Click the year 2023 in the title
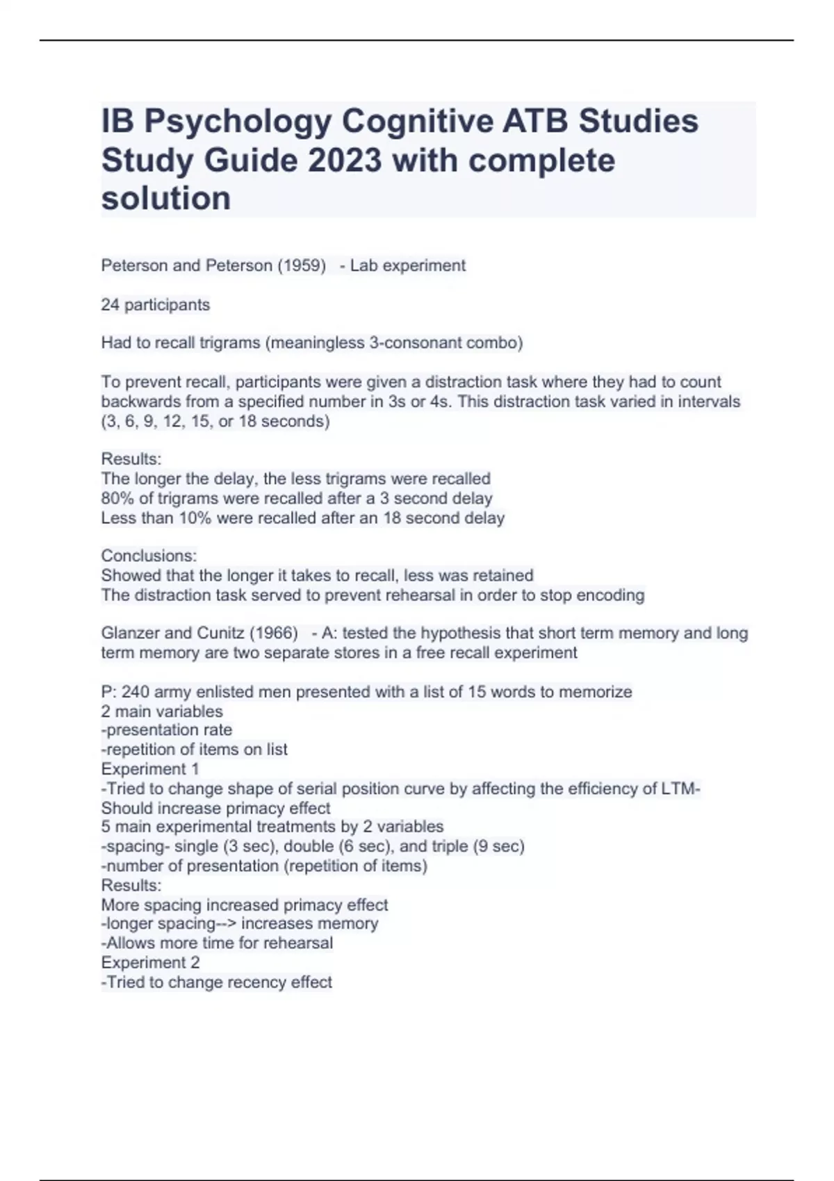coord(345,160)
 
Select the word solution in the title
coord(166,199)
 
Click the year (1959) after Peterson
coord(301,265)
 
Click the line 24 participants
coord(155,304)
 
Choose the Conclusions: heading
coord(149,556)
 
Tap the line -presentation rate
coord(167,730)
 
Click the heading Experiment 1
coord(150,769)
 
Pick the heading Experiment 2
coord(150,962)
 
